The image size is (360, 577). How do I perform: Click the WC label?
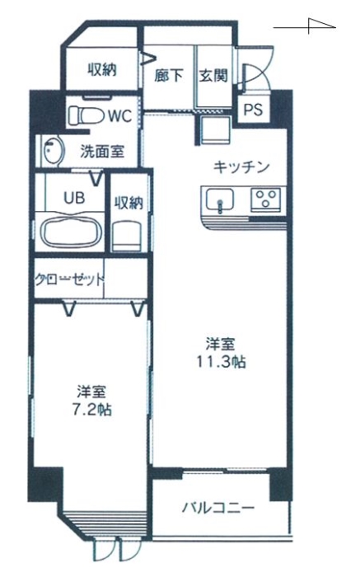point(121,116)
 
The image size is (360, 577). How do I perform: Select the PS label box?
point(252,110)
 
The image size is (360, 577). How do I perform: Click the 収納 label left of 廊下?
point(102,70)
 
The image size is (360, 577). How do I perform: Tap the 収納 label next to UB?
point(127,201)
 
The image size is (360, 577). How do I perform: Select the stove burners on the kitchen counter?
point(267,199)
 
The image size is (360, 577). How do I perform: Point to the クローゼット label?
point(69,278)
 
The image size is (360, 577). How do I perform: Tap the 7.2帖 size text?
point(92,409)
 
